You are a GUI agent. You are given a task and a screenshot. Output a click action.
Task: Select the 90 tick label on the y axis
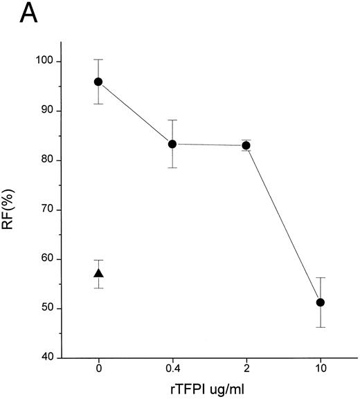tap(49, 111)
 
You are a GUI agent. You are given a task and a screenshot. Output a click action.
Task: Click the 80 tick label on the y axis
tap(49, 160)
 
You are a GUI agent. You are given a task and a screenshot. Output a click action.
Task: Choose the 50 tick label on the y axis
tap(49, 308)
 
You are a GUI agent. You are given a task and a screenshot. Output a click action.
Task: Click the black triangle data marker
tap(98, 273)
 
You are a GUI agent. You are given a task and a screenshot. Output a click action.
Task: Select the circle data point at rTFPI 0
tap(98, 82)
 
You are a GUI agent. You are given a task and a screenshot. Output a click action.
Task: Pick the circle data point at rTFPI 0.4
tap(172, 144)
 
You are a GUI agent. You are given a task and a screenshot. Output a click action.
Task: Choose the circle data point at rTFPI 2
tap(246, 145)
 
